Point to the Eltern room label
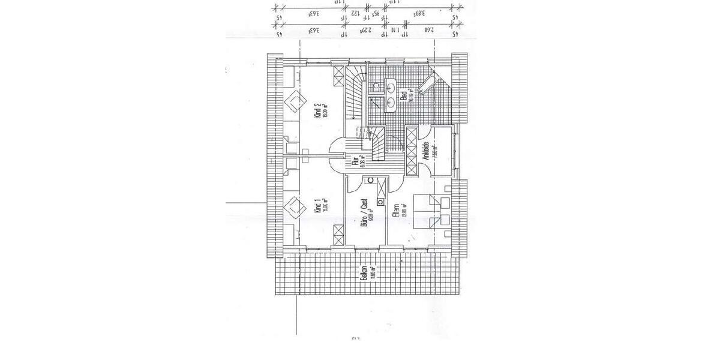396,211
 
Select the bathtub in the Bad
427,84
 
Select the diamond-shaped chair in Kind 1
293,208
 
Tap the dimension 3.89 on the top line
418,12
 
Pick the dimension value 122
371,12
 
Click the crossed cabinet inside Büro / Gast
380,192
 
